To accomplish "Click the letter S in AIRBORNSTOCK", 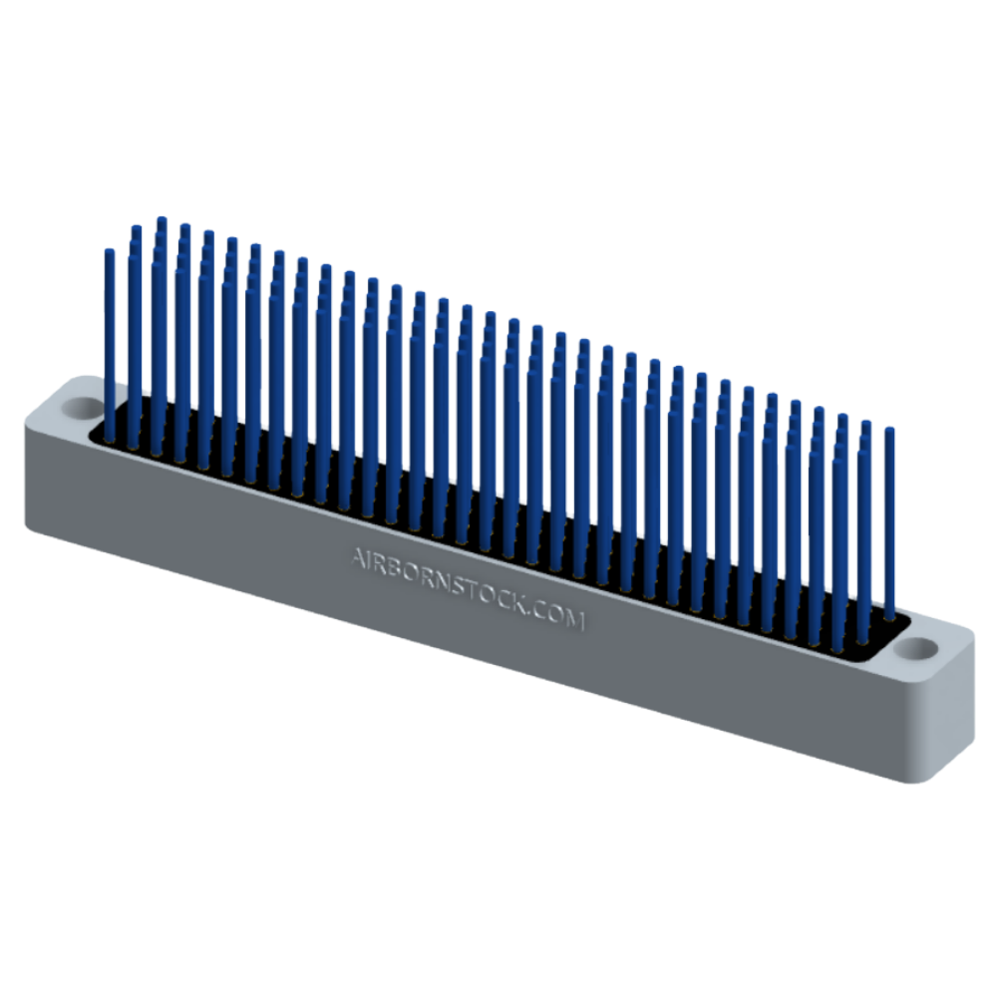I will point(458,586).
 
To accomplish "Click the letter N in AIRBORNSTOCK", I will point(441,581).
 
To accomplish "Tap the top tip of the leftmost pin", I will point(110,251).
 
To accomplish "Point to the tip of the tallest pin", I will point(162,218).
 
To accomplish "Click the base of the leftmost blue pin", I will point(110,439).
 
